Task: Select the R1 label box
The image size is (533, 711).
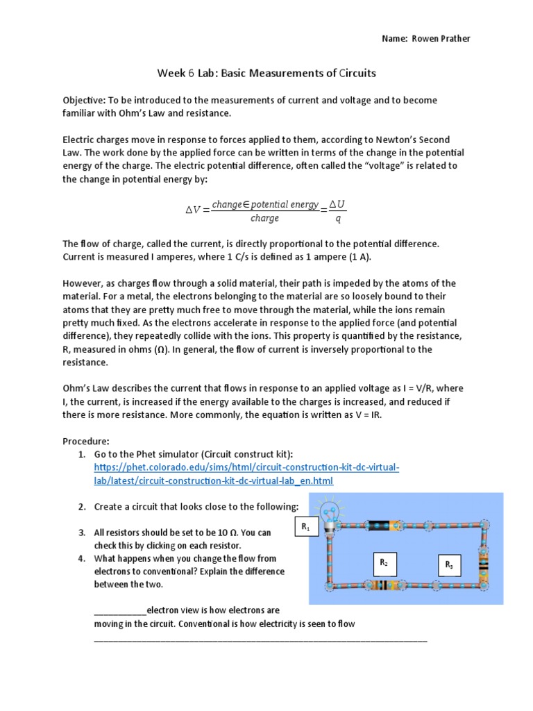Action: tap(306, 529)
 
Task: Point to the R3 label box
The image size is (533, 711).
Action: tap(449, 565)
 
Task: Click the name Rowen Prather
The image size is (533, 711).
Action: tap(446, 39)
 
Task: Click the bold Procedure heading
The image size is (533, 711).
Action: tap(87, 441)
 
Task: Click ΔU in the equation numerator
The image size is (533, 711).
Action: tap(337, 204)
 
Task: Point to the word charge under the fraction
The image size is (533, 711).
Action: tap(264, 218)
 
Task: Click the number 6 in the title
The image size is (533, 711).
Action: tap(190, 73)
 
